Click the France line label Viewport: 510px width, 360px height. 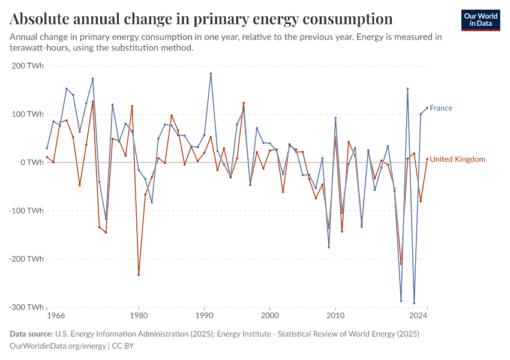point(441,109)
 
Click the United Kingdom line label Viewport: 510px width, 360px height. point(457,160)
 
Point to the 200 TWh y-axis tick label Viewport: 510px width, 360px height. point(28,65)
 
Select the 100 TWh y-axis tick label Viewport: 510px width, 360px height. point(28,114)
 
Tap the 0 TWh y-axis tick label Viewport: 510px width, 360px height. point(31,163)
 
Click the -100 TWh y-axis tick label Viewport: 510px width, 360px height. point(26,211)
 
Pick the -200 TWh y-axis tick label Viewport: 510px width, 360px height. point(26,259)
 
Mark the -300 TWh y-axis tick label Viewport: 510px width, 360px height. point(26,307)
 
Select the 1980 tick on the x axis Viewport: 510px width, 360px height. point(139,315)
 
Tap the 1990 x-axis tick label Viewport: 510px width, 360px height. point(204,315)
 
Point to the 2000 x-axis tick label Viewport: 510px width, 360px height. point(270,315)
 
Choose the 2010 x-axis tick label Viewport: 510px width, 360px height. point(335,315)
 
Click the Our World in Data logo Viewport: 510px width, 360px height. point(481,20)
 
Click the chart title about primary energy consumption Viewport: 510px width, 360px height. point(201,19)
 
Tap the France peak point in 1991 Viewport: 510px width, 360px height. point(211,74)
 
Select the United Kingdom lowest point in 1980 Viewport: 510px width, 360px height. point(139,275)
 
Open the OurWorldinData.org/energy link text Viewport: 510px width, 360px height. point(58,346)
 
